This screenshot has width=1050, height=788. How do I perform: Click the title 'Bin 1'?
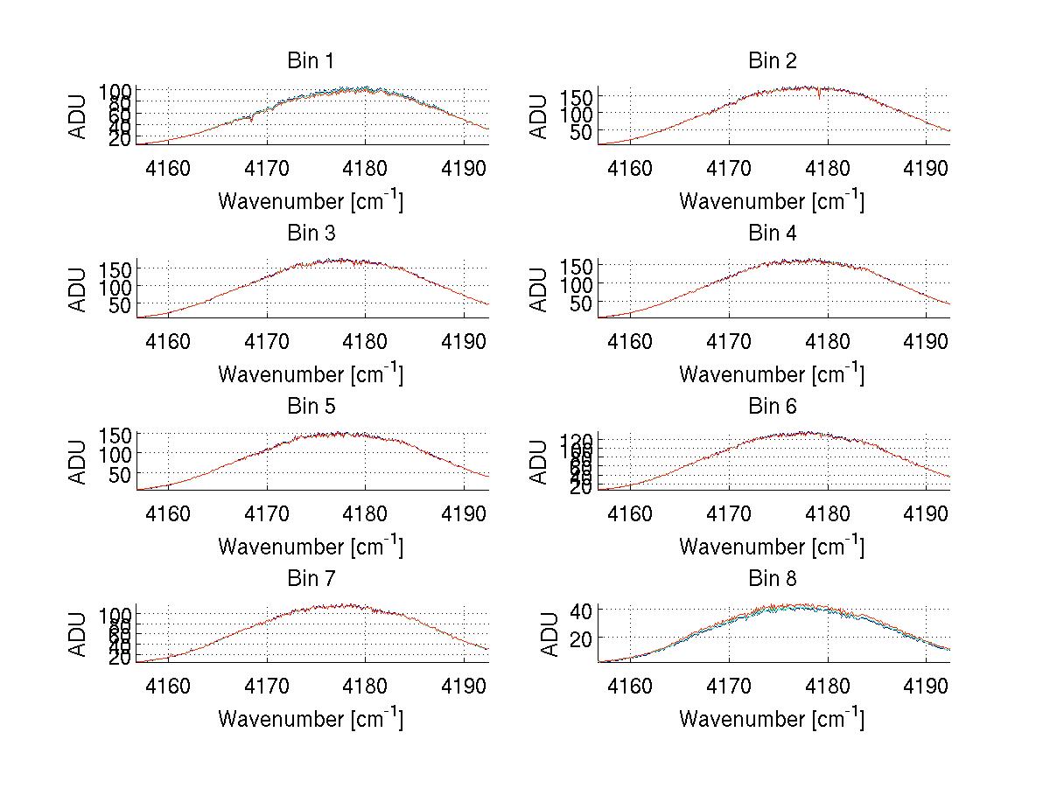310,61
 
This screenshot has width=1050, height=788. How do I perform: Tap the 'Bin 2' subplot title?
772,61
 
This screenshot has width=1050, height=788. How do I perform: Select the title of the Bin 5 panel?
310,407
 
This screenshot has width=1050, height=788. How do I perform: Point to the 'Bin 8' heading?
772,579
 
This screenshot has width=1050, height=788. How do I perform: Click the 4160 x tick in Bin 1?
168,168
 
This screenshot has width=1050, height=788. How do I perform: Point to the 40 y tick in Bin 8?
584,610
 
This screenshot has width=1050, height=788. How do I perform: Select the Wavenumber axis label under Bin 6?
771,547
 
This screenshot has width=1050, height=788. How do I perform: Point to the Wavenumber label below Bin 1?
310,201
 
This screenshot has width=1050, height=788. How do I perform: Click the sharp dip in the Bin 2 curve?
819,96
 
